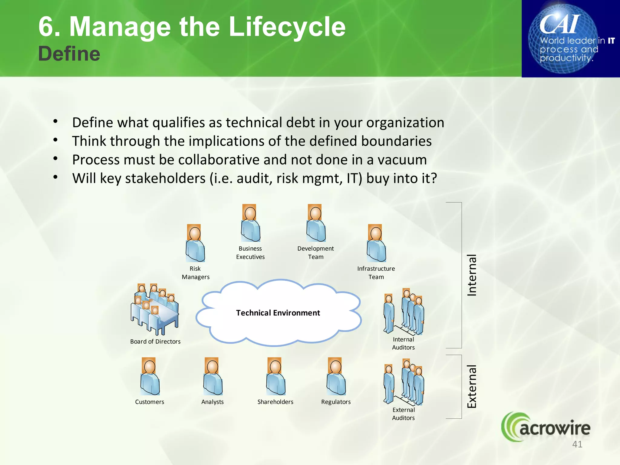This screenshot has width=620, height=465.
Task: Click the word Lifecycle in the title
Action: pyautogui.click(x=287, y=27)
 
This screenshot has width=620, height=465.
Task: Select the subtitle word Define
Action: pyautogui.click(x=69, y=54)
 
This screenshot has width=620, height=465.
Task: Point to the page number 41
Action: pyautogui.click(x=577, y=444)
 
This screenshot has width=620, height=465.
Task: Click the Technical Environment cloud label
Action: pyautogui.click(x=278, y=313)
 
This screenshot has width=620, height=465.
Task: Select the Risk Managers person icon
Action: pyautogui.click(x=195, y=243)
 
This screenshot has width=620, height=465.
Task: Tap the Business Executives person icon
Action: pyautogui.click(x=250, y=223)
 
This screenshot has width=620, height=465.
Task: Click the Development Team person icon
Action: pyautogui.click(x=315, y=223)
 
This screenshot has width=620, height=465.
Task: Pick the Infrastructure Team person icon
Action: pyautogui.click(x=376, y=243)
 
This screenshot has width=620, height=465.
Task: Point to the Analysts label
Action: pyautogui.click(x=212, y=402)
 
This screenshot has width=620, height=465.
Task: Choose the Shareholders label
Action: pyautogui.click(x=275, y=402)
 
